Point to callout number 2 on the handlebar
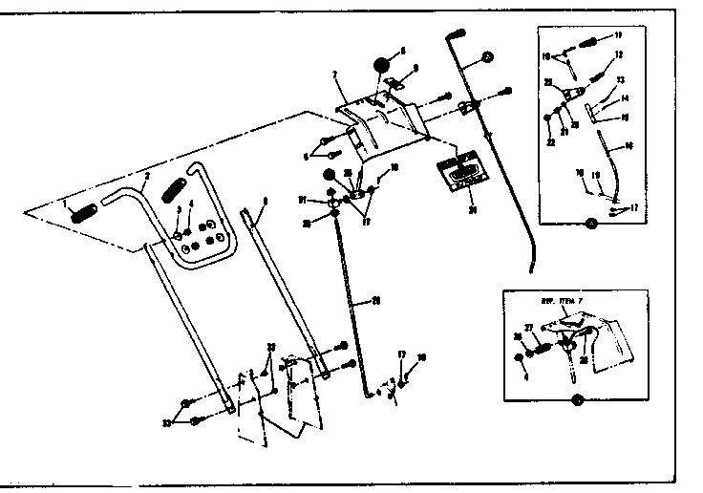pyautogui.click(x=147, y=176)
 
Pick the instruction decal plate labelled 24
pyautogui.click(x=460, y=172)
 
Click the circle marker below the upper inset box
pyautogui.click(x=589, y=224)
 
